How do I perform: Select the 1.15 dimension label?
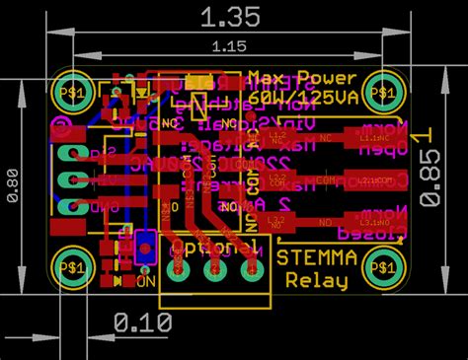[x=228, y=45]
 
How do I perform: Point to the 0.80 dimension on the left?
[x=13, y=183]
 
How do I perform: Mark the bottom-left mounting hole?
[x=72, y=265]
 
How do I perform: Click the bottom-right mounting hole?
[x=382, y=265]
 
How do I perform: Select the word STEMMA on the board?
[x=316, y=258]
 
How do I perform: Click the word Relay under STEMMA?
[x=316, y=281]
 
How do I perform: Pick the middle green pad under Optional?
[x=214, y=267]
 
